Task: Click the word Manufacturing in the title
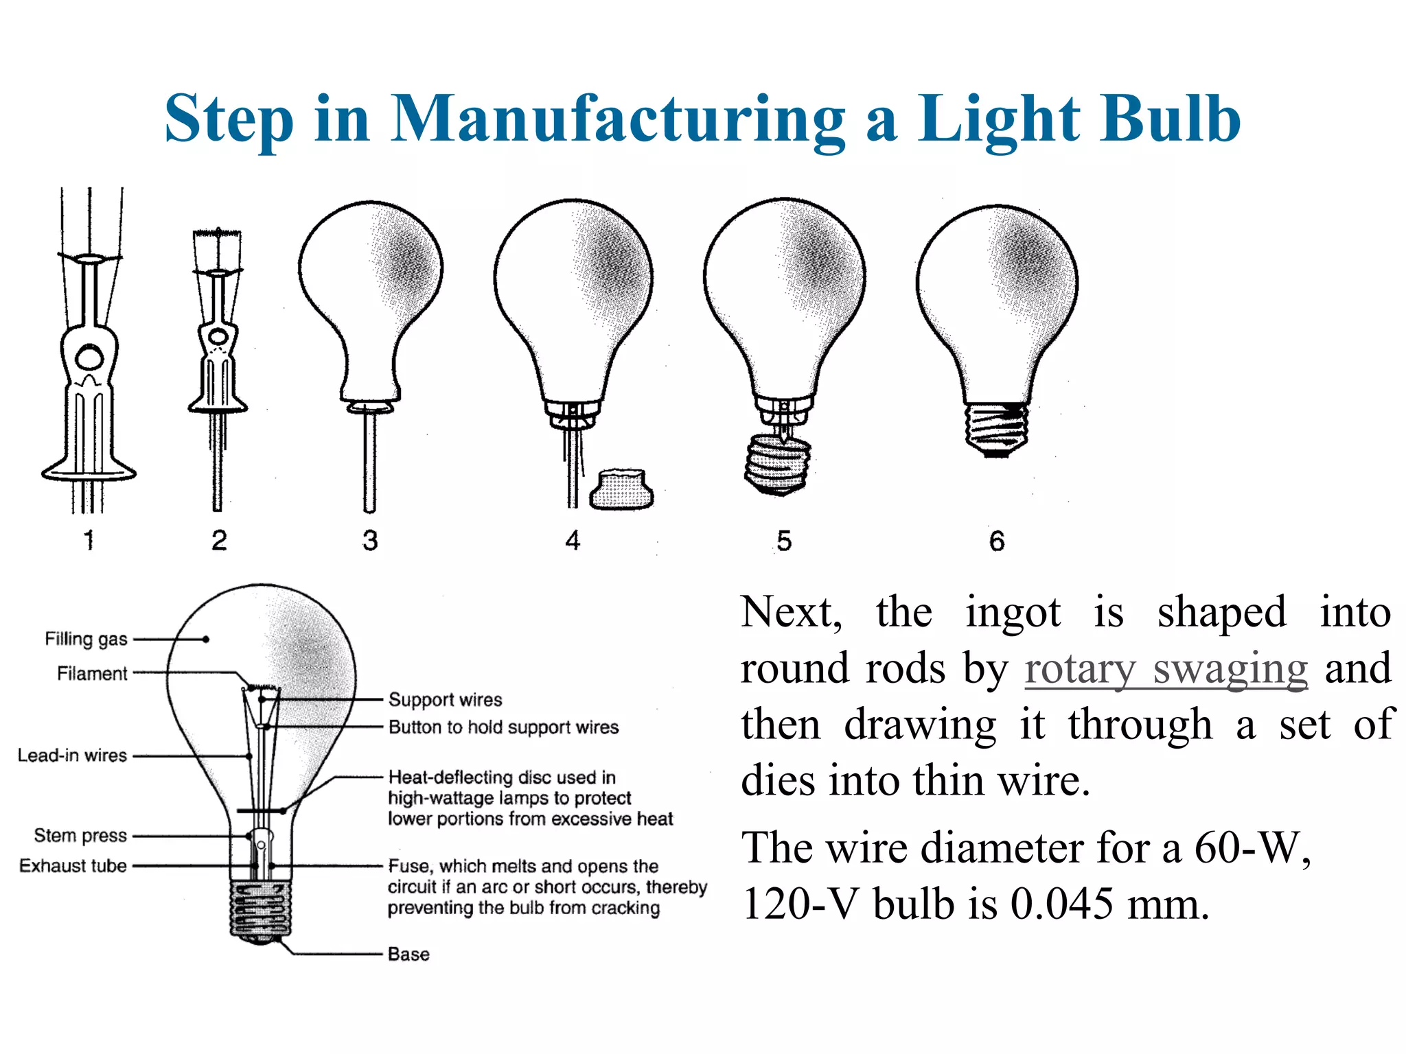(618, 119)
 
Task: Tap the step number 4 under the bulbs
(573, 541)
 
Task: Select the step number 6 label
(997, 541)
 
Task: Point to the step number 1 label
(89, 541)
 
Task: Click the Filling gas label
(86, 639)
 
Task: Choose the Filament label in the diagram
(92, 673)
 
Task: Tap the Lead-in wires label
(72, 756)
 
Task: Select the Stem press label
(80, 835)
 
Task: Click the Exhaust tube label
(73, 866)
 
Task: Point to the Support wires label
(445, 699)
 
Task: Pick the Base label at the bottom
(408, 954)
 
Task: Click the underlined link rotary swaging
(1166, 669)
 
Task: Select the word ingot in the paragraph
(1013, 612)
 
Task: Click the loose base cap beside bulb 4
(621, 489)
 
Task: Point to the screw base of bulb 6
(997, 430)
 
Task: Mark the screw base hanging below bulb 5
(777, 463)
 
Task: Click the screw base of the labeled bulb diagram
(260, 909)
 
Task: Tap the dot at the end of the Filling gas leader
(206, 640)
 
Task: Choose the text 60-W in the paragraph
(1252, 848)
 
